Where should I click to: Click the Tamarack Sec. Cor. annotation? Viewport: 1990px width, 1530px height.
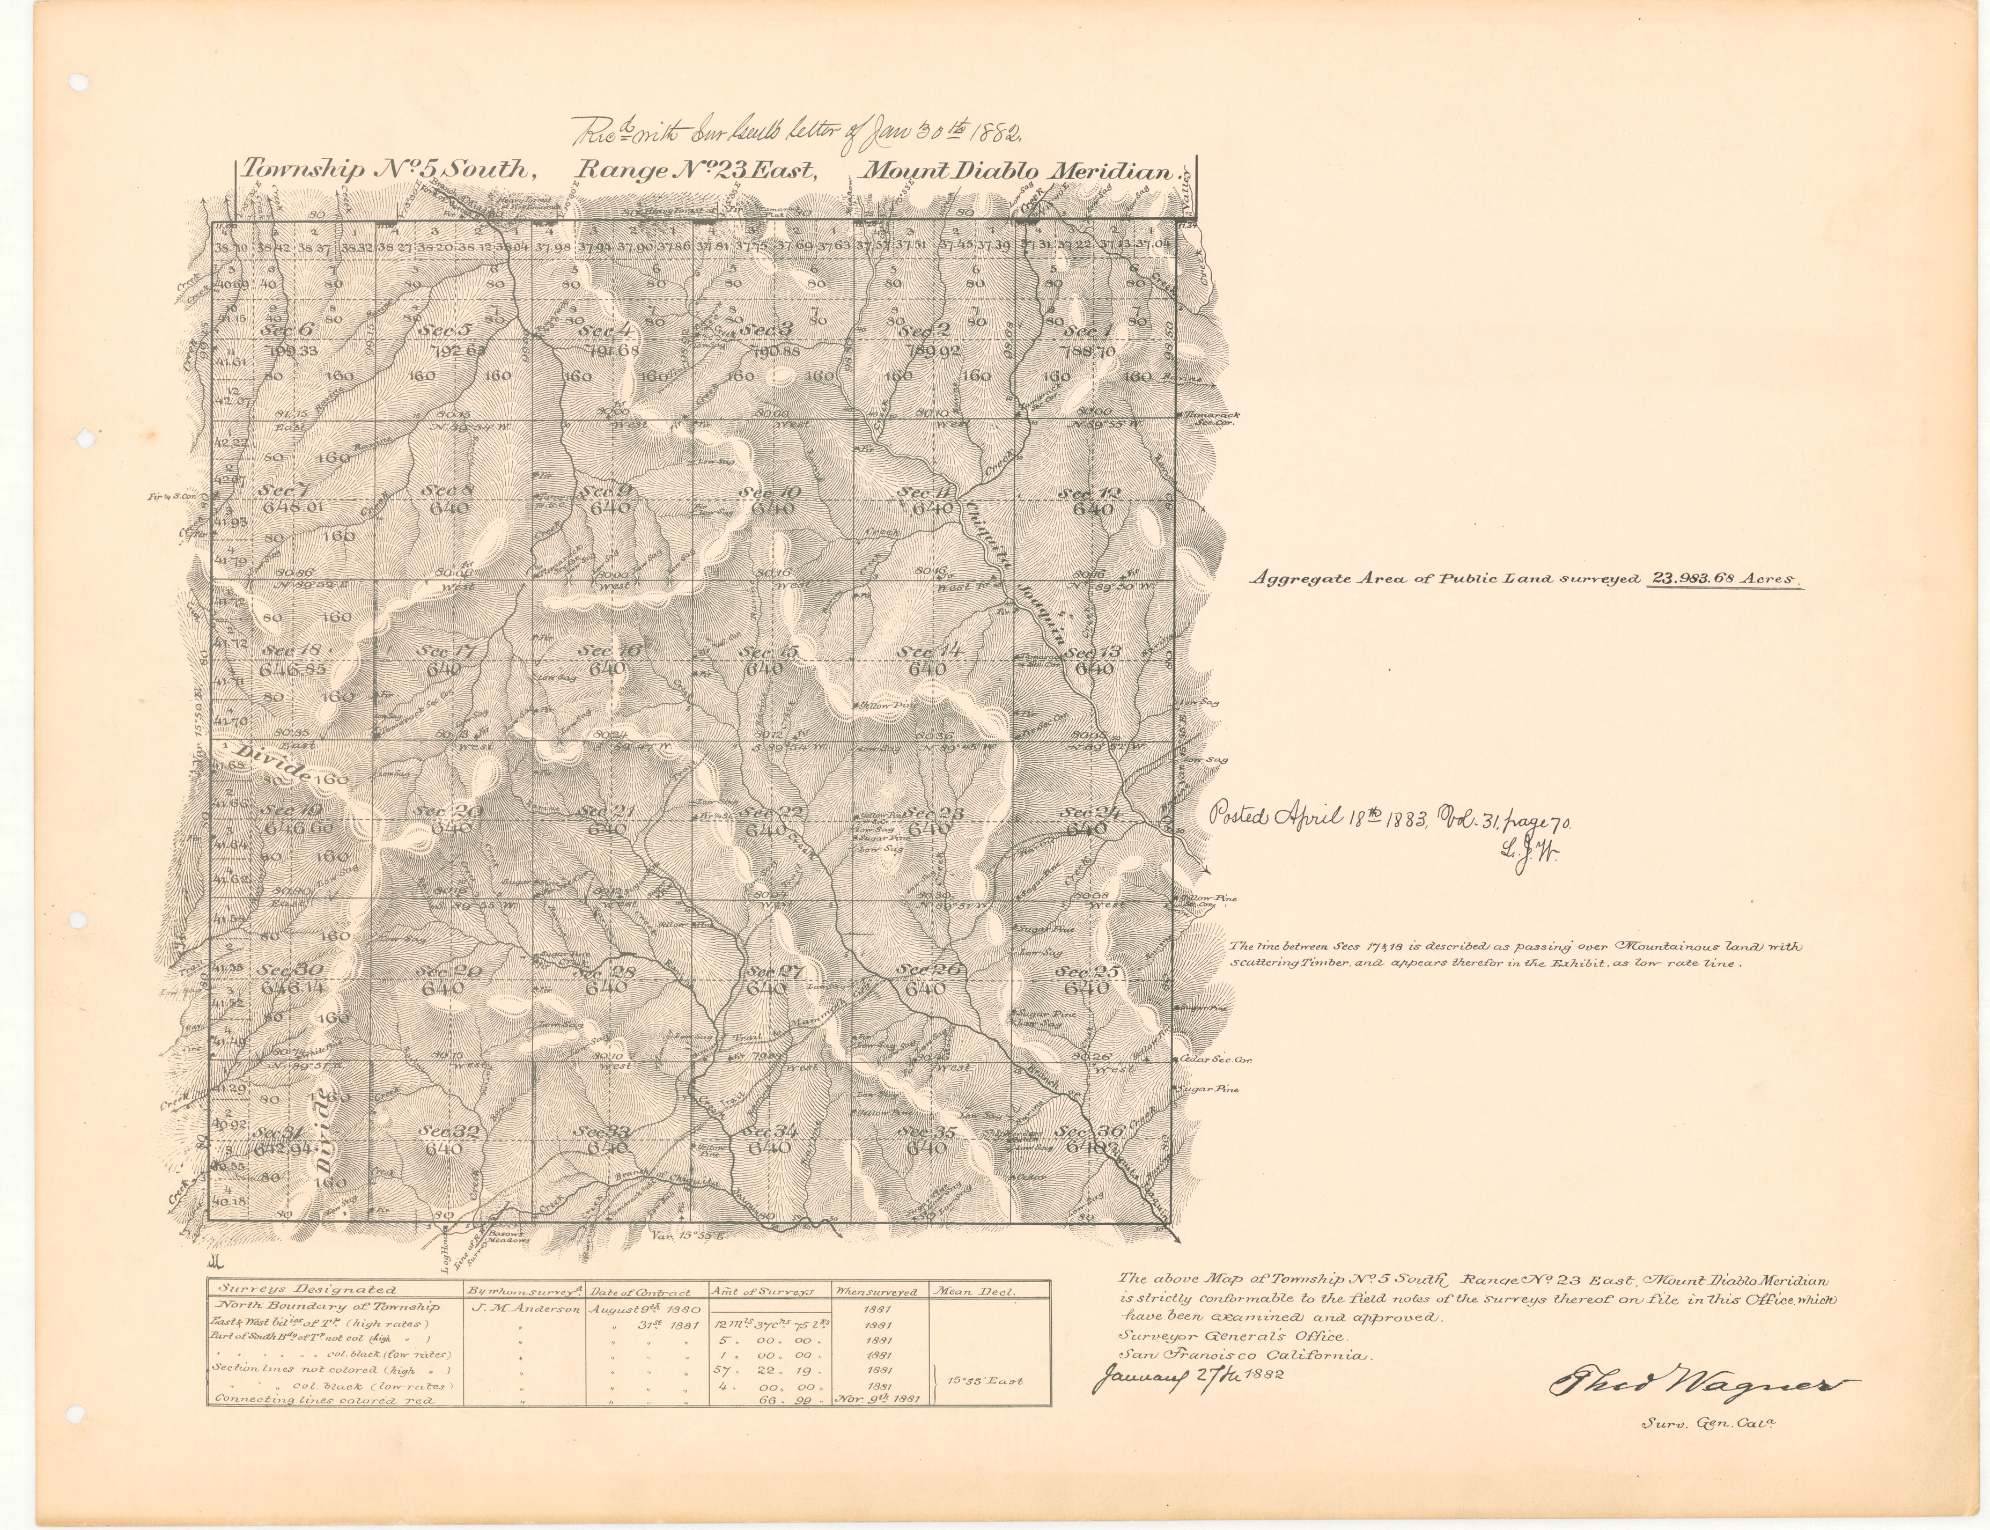tap(1210, 418)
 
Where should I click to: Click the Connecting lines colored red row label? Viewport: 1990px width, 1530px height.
tap(322, 1401)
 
